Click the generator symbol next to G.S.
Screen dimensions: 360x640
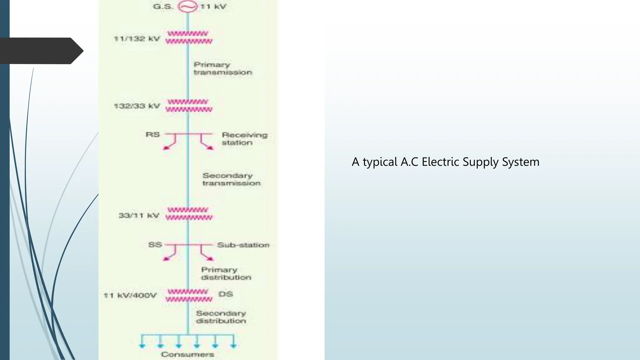[x=187, y=7]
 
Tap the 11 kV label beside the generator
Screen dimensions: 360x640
[x=213, y=7]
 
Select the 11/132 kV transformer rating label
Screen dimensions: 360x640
[x=137, y=39]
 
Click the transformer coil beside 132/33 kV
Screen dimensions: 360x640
[x=189, y=106]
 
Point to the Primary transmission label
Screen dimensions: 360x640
[x=222, y=68]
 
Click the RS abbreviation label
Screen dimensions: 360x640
[x=152, y=135]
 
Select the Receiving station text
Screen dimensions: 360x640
[x=244, y=139]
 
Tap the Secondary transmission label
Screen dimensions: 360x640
[x=231, y=179]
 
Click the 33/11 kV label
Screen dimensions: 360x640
[x=139, y=216]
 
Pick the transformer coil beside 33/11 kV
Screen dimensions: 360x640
[x=189, y=214]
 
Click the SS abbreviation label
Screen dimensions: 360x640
[x=155, y=245]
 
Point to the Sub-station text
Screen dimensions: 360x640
[x=243, y=245]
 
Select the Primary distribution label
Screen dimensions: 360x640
[x=226, y=273]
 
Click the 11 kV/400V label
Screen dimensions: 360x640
[x=130, y=296]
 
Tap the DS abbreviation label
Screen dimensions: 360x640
[x=226, y=294]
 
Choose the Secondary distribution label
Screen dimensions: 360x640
[x=221, y=317]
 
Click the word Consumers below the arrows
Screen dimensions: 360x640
[x=187, y=354]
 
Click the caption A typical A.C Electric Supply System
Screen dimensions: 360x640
[x=445, y=162]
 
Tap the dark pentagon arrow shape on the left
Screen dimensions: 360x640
[x=41, y=51]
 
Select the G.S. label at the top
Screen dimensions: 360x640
[x=163, y=7]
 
